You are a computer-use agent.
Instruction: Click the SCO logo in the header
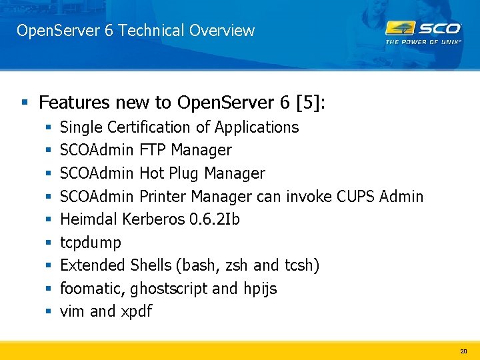(423, 31)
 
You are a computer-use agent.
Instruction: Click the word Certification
(154, 127)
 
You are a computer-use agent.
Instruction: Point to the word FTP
(153, 150)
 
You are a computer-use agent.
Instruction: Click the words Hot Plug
(169, 173)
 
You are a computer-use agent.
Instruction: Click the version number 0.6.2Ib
(215, 219)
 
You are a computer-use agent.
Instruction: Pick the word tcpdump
(91, 243)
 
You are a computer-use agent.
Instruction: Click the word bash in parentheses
(197, 265)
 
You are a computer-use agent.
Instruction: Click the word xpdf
(137, 311)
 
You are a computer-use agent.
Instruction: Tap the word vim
(72, 311)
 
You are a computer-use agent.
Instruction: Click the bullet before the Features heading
(25, 103)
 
